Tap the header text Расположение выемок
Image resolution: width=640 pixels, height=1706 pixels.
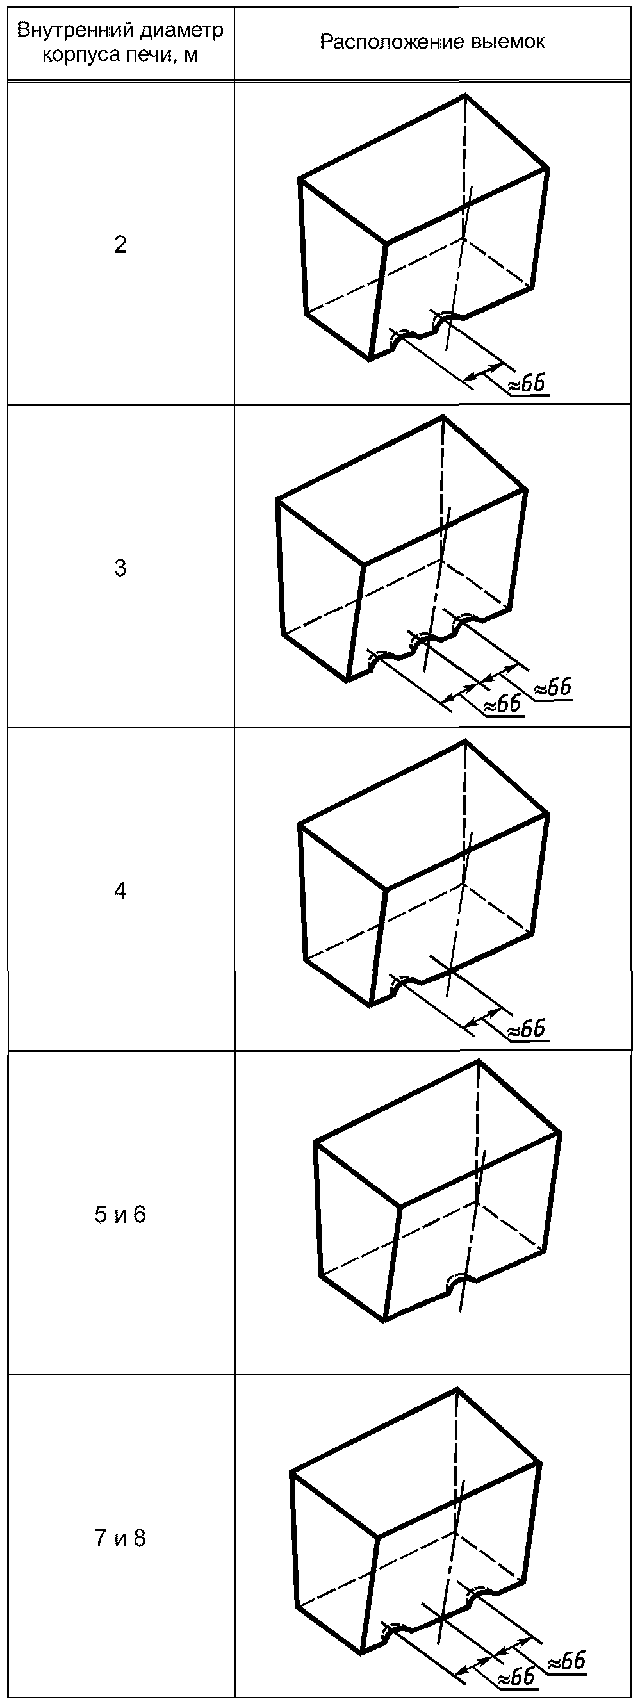coord(432,42)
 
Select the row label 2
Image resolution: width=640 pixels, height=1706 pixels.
coord(120,245)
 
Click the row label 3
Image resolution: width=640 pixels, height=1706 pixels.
coord(120,568)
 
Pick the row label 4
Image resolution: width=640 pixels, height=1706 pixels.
coord(120,890)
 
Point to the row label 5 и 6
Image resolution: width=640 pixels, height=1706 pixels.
coord(120,1214)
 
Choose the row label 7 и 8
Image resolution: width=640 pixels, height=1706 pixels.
coord(120,1537)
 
